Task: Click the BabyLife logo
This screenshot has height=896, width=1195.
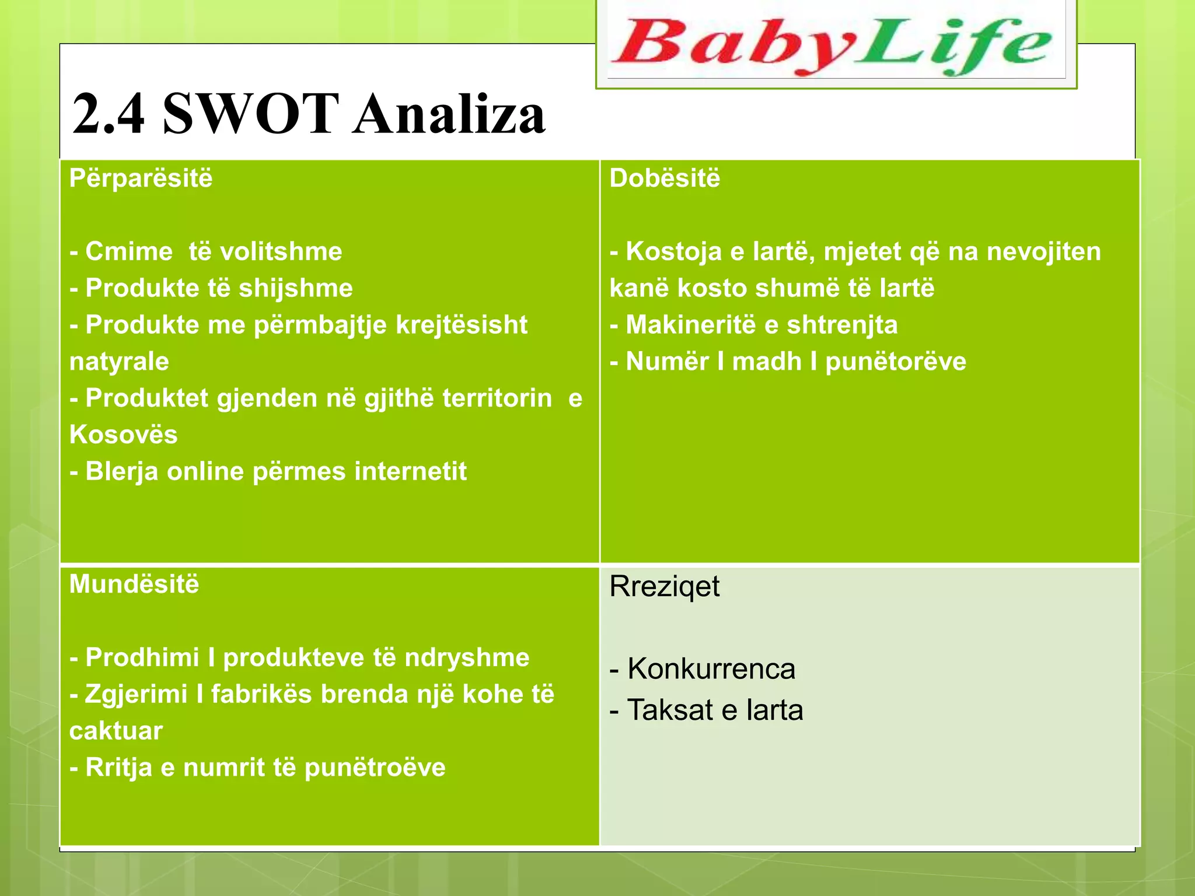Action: [836, 45]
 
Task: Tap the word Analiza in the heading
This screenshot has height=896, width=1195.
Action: [449, 113]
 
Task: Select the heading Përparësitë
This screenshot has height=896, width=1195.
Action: [141, 178]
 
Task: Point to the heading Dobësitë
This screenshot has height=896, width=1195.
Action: [665, 178]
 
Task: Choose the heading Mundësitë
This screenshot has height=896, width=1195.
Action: [134, 584]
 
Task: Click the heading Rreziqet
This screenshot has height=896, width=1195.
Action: [664, 586]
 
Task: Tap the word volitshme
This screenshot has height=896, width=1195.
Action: [281, 251]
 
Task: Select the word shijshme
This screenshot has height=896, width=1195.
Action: [295, 288]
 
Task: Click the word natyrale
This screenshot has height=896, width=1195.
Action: [119, 362]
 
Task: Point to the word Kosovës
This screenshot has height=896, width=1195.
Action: [123, 435]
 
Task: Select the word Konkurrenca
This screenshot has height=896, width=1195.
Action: [711, 668]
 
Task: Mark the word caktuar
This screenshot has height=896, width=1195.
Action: [116, 731]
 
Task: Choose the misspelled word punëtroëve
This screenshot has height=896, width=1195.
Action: [375, 768]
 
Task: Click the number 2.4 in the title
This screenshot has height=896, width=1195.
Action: [109, 113]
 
